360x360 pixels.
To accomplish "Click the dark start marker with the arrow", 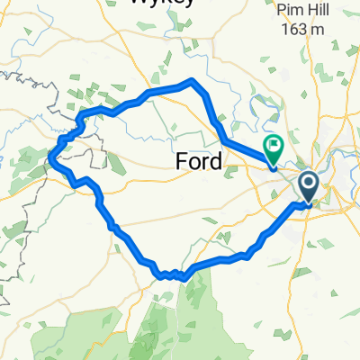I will [308, 187].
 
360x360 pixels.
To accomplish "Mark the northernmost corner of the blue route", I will [192, 80].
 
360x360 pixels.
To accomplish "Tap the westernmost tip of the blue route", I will [49, 161].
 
